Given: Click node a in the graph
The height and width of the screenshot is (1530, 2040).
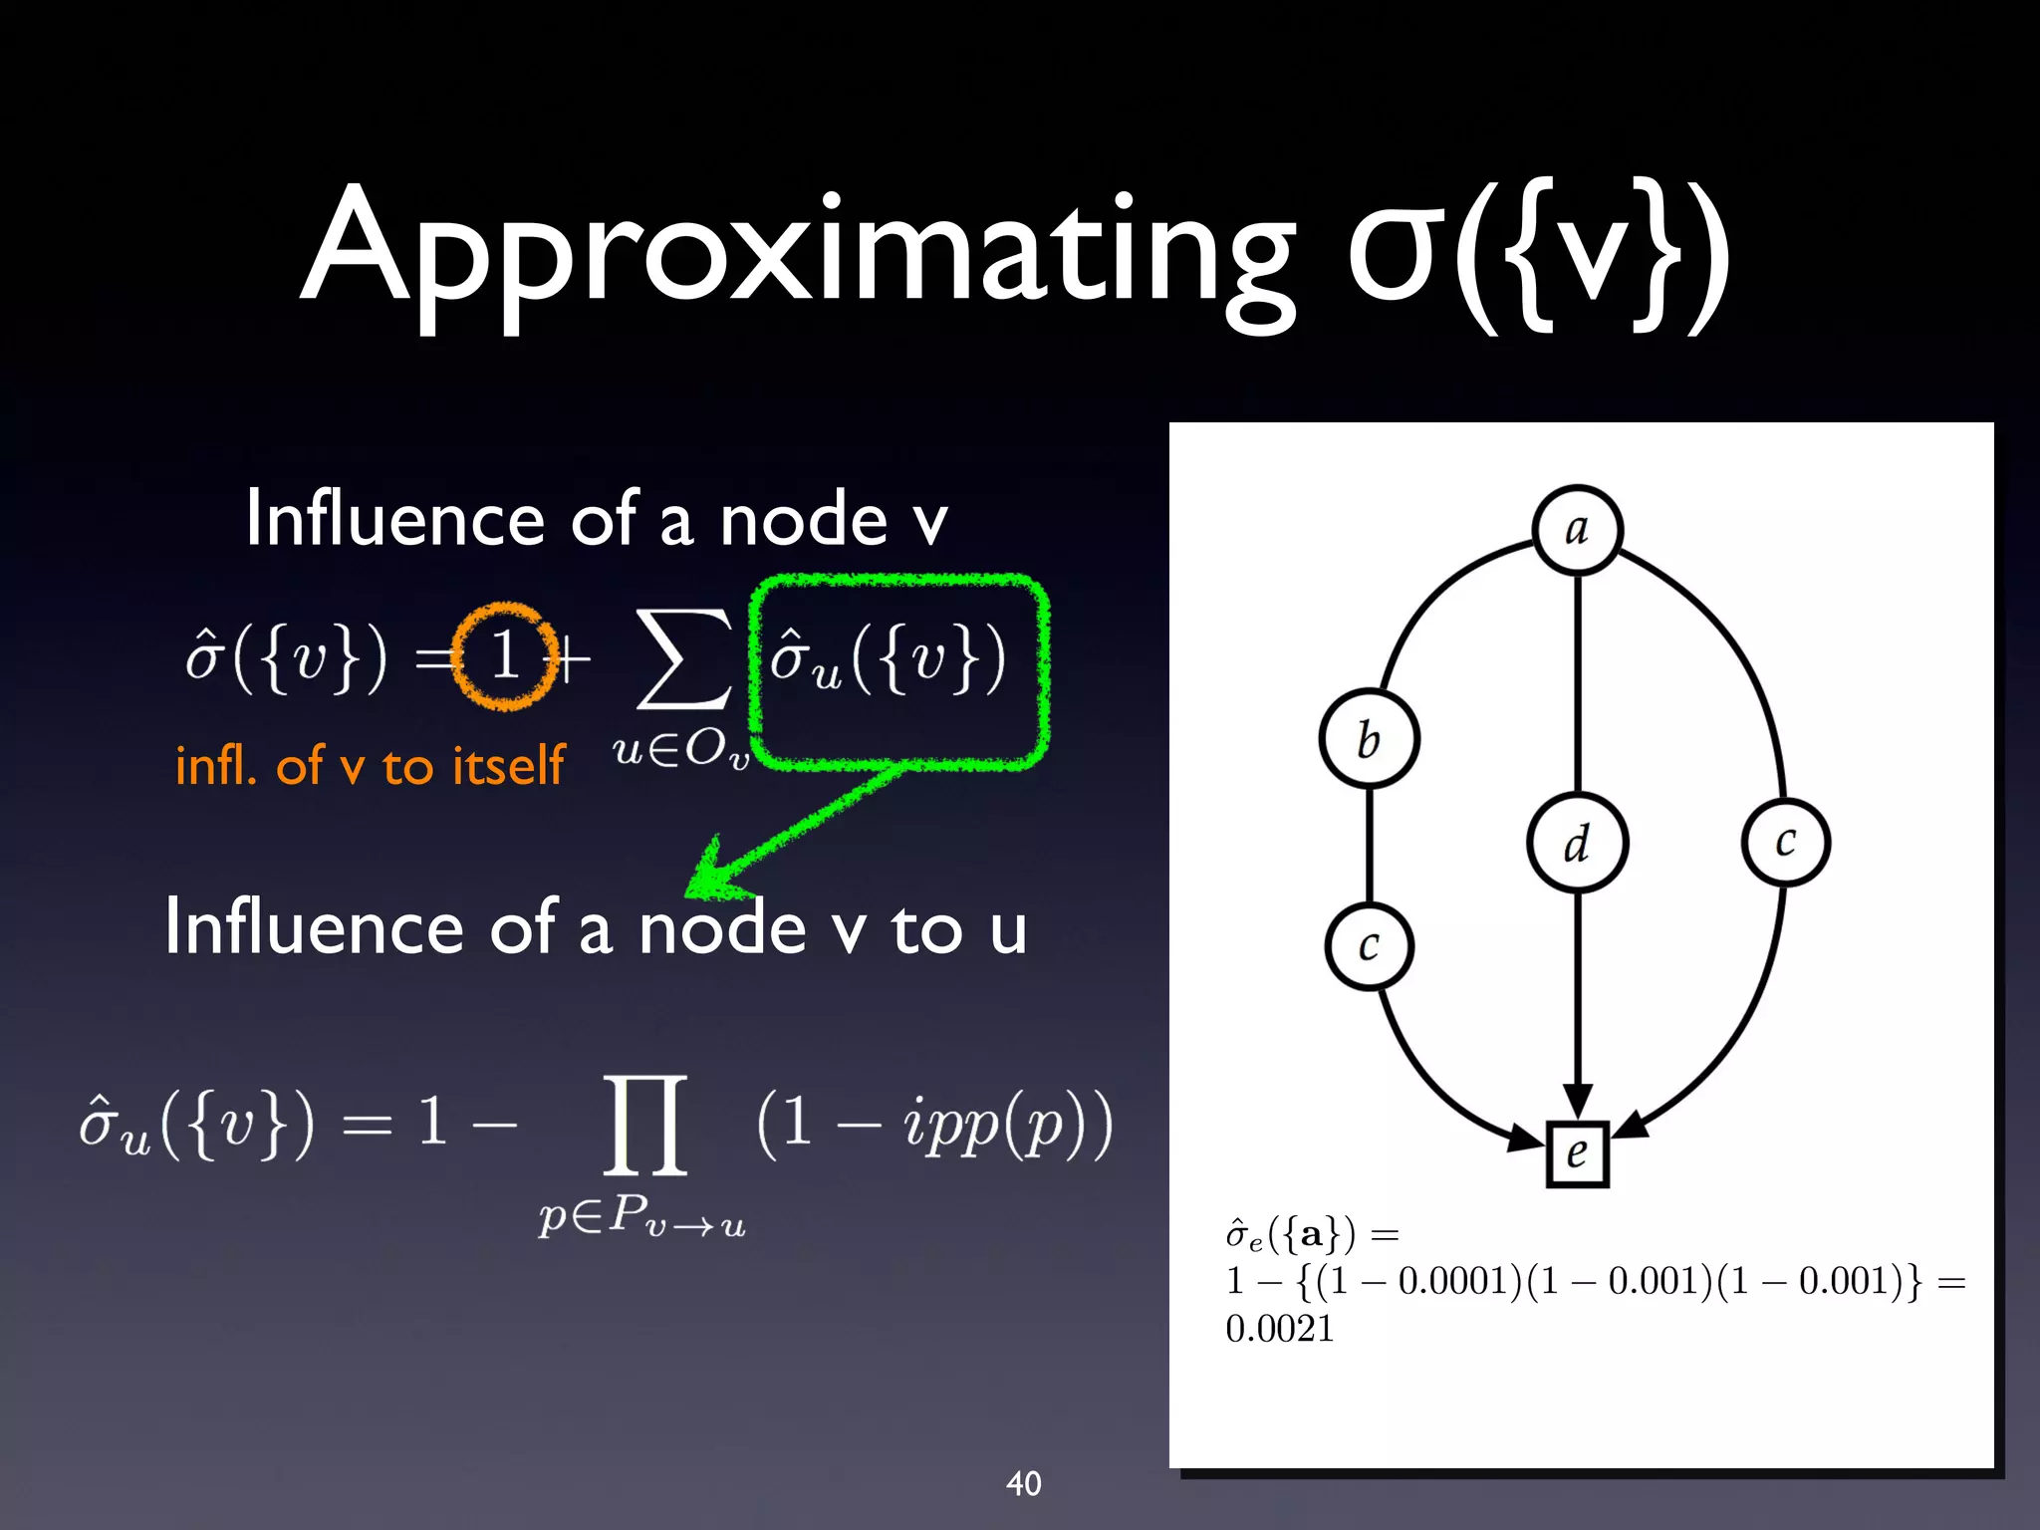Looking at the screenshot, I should [x=1577, y=530].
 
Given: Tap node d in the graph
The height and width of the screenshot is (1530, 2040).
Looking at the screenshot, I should [x=1577, y=843].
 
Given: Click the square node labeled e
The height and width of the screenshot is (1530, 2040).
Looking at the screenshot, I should [x=1577, y=1153].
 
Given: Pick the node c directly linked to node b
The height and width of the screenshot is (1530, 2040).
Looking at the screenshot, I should [x=1370, y=945].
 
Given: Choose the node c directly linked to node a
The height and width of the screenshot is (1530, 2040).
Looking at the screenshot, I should [x=1785, y=842].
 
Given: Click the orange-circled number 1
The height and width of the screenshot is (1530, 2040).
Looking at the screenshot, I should [x=505, y=656].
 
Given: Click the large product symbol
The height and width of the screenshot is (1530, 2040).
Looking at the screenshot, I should [x=645, y=1125].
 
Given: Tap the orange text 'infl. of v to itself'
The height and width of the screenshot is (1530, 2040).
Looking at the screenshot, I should [x=370, y=766].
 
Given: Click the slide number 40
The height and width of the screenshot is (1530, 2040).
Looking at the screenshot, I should [x=1023, y=1483].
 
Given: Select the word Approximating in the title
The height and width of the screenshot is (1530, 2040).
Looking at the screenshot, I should [x=797, y=249].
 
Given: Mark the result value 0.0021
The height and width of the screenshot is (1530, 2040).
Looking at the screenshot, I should [x=1279, y=1328].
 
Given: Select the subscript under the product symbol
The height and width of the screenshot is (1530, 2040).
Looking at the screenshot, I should [x=641, y=1218].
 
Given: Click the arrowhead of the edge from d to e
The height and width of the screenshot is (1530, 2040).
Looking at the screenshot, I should [x=1577, y=1102].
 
